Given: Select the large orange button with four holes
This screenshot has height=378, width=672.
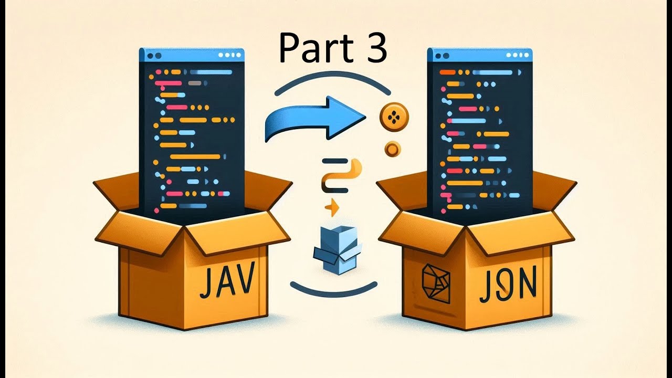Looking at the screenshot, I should [393, 117].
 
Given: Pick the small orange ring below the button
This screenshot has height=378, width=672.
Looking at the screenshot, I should [392, 149].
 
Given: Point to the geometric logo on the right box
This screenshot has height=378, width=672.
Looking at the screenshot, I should [436, 283].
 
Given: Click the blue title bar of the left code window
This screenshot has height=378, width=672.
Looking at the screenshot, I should [192, 55].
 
